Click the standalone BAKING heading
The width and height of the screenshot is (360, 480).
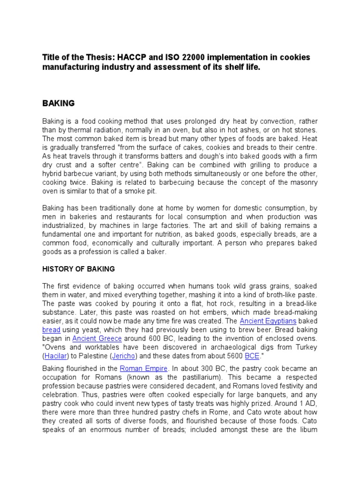59,103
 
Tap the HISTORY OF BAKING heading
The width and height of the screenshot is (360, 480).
78,269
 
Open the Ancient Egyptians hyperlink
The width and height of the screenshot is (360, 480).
268,321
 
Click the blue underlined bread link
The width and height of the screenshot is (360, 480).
51,330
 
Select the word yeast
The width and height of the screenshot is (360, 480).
92,330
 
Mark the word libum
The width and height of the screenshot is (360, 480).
309,429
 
